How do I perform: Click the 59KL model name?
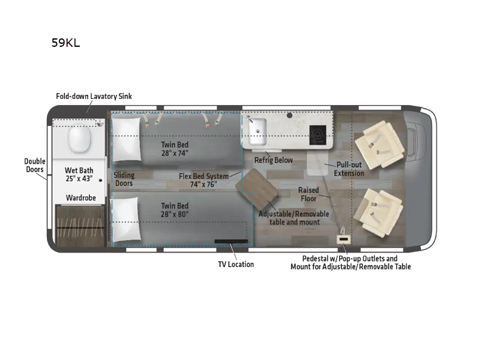tap(66, 43)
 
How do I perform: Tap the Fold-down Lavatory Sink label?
tap(94, 96)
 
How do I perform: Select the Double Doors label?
tap(34, 165)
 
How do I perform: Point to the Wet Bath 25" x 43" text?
tap(79, 175)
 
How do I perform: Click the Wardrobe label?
tap(79, 197)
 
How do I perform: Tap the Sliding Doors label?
tap(124, 179)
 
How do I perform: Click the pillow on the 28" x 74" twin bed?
tap(125, 140)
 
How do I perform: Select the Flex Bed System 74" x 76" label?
tap(204, 180)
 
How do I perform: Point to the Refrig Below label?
tap(273, 160)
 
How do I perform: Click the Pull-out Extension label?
tap(349, 169)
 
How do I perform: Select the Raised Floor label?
tap(308, 194)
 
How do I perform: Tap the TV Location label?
tap(235, 264)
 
